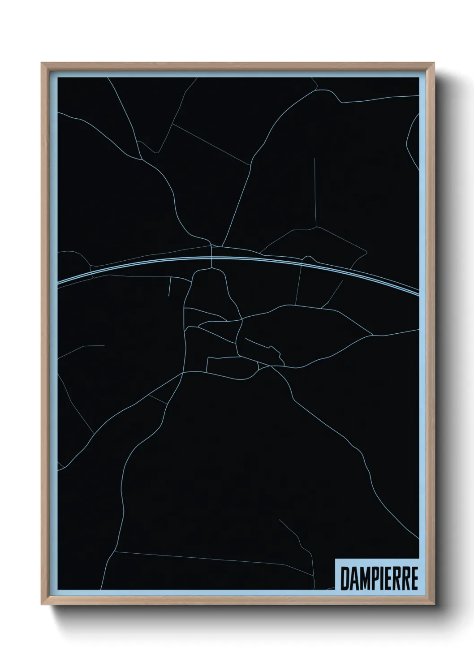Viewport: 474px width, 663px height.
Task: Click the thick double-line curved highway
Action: [x=134, y=265]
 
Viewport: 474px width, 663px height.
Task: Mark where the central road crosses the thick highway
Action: [x=211, y=258]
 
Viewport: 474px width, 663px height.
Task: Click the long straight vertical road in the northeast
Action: [x=315, y=193]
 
